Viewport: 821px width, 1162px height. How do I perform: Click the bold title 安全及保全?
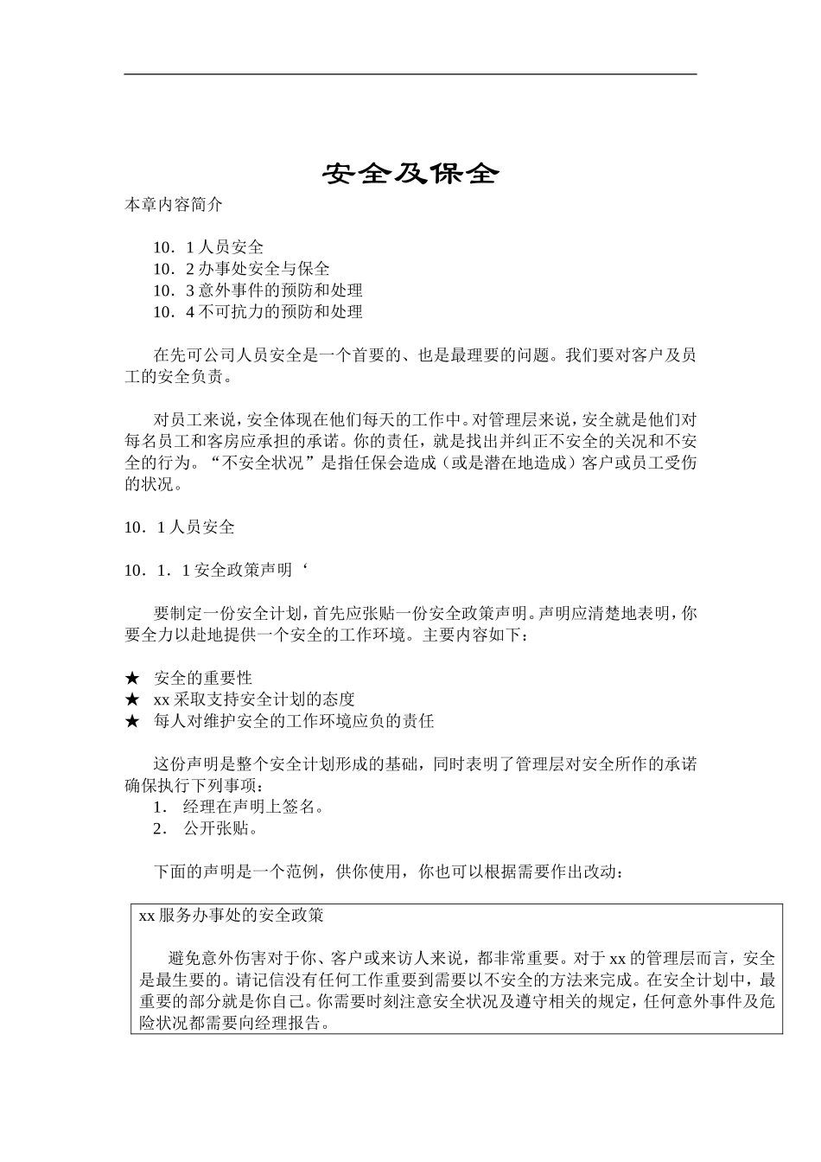tap(411, 174)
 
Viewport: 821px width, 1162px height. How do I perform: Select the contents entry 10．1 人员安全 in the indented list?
tap(208, 247)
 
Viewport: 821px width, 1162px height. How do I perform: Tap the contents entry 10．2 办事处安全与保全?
tap(241, 269)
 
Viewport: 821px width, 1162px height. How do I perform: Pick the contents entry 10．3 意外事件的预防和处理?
tap(258, 290)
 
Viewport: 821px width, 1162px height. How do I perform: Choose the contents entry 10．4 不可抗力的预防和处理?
tap(258, 312)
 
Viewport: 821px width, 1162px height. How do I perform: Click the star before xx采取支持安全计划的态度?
tap(132, 699)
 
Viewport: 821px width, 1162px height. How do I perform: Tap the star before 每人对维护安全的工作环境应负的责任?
tap(132, 721)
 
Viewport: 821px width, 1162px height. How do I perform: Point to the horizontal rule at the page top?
tap(410, 74)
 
